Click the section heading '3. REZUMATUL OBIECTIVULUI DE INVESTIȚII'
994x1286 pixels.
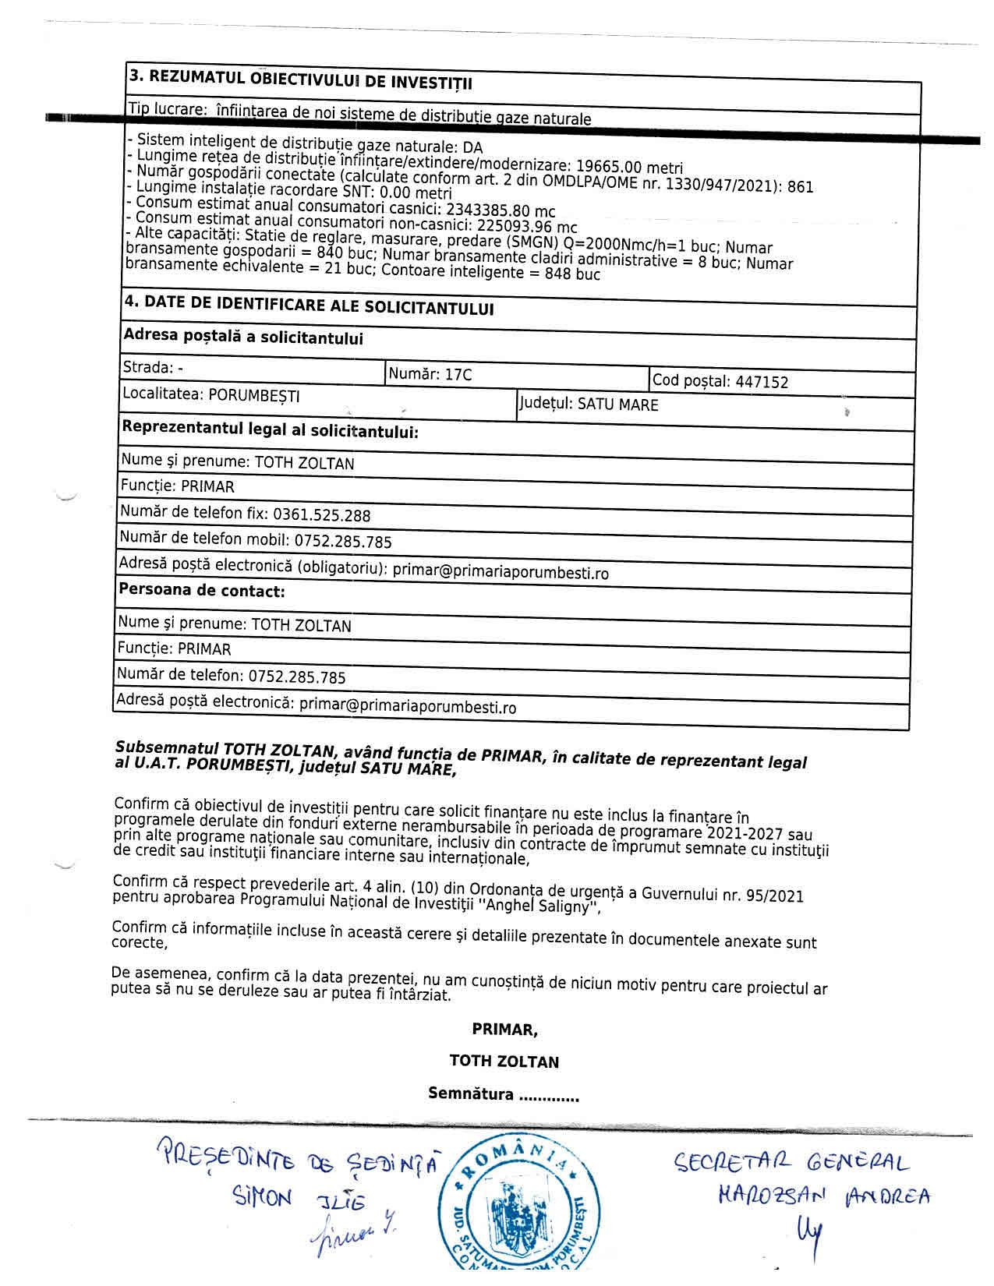point(301,79)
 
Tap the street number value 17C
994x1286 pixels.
point(458,375)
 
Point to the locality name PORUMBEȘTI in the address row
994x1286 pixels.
point(254,396)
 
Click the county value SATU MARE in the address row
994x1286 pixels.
point(617,405)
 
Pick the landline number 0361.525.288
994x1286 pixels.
point(322,515)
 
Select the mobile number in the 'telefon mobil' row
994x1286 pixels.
point(343,542)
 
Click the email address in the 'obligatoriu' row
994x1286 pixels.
point(501,573)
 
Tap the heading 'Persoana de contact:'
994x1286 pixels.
point(201,591)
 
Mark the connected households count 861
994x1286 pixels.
point(801,186)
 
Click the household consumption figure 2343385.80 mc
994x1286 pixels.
point(500,210)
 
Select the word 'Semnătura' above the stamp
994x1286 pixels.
point(471,1093)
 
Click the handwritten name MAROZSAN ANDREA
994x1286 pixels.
point(824,1196)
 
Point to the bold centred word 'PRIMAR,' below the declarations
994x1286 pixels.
point(504,1030)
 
